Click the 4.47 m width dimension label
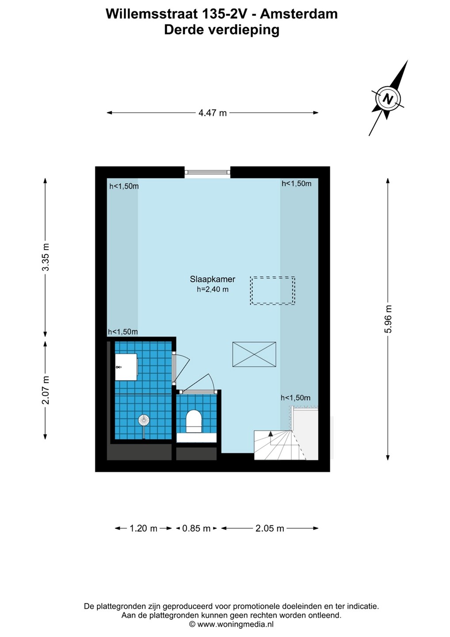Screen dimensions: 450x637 [x=213, y=113]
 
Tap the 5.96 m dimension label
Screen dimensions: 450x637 [x=389, y=319]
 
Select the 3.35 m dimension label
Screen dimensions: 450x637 [x=46, y=257]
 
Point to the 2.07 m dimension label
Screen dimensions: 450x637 [x=46, y=390]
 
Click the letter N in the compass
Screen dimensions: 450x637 [x=388, y=99]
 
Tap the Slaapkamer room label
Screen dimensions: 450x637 [x=213, y=279]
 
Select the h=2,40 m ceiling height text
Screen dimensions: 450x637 [x=213, y=289]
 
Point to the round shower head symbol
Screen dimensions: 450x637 [x=144, y=420]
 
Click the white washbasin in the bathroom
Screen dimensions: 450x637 [x=126, y=367]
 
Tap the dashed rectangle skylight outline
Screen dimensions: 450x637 [x=272, y=291]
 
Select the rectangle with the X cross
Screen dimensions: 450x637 [x=254, y=354]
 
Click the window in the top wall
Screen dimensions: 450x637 [x=207, y=172]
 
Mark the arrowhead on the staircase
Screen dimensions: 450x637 [x=271, y=434]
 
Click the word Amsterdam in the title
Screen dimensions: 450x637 [x=299, y=14]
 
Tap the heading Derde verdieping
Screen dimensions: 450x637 [x=222, y=30]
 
